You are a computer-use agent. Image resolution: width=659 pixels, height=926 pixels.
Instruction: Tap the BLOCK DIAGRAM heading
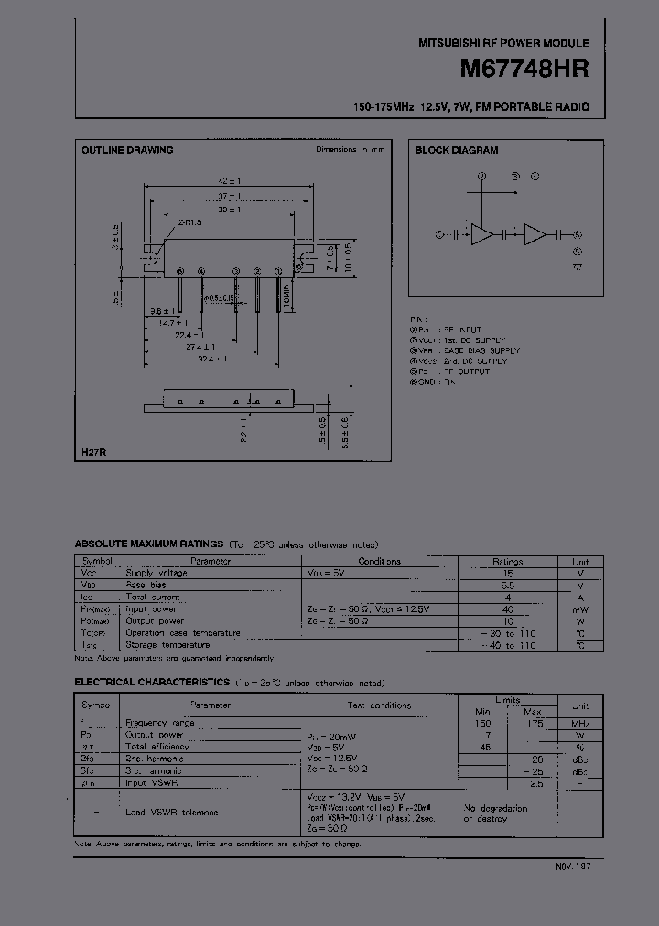pos(457,150)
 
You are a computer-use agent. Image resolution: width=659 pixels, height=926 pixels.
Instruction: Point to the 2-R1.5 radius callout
pos(190,221)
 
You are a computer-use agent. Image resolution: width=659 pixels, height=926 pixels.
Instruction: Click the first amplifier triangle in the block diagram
pos(481,234)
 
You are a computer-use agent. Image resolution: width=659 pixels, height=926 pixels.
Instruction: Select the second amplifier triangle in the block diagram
pos(535,234)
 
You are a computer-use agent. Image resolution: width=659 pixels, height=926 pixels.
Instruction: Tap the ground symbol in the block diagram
pos(577,266)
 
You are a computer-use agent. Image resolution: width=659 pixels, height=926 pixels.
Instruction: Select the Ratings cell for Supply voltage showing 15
pos(508,574)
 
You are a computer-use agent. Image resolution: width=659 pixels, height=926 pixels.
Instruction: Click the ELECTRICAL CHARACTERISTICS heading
pos(152,683)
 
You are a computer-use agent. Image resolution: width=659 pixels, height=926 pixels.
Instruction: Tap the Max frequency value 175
pos(535,723)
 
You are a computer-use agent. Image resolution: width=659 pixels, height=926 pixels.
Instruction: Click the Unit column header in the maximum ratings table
pos(581,562)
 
